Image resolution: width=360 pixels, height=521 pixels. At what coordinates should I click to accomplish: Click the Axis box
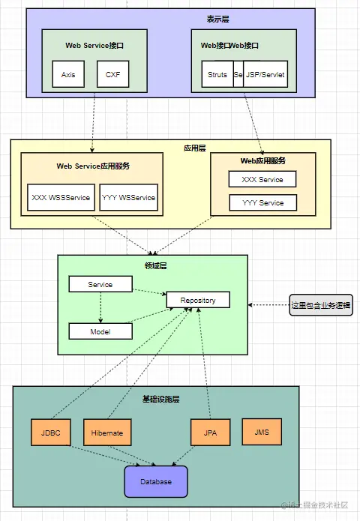68,75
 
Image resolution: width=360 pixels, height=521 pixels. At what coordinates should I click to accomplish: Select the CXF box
112,75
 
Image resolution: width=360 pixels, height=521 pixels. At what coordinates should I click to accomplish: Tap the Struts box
217,75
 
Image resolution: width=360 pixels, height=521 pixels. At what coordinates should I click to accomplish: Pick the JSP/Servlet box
265,75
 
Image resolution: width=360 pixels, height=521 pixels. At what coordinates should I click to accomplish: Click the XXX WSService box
61,198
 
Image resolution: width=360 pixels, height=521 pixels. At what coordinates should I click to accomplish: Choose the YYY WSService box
128,198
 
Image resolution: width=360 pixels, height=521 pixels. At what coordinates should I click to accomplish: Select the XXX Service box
262,179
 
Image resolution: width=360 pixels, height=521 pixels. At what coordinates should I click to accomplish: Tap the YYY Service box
262,202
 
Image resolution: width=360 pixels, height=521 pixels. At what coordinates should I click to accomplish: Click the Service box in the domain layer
100,285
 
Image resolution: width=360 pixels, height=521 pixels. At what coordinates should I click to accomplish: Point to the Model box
100,331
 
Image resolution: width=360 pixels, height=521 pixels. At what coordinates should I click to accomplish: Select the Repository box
198,300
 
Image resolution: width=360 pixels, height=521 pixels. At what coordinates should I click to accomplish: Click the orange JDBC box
50,433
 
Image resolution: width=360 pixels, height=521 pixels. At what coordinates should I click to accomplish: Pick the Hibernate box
107,433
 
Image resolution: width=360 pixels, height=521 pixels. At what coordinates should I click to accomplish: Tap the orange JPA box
210,433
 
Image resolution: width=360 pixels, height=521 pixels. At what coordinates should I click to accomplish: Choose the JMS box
262,432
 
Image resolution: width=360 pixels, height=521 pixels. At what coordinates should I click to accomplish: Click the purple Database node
155,481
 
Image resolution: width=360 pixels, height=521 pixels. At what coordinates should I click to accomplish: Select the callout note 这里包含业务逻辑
321,305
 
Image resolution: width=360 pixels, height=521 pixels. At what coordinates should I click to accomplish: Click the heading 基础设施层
160,398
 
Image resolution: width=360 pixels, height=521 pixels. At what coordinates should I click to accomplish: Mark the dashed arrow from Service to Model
100,308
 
